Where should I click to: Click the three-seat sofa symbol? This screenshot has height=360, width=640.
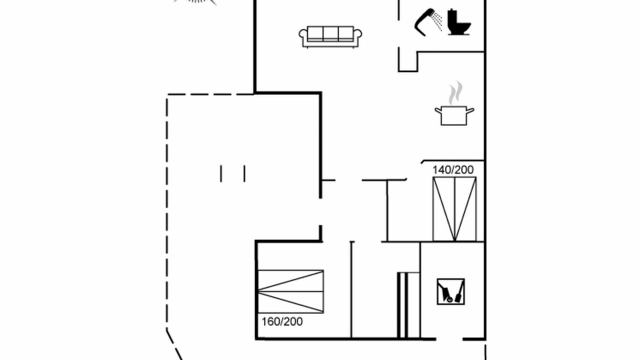pos(330,37)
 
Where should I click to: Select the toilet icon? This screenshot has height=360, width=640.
pos(459,22)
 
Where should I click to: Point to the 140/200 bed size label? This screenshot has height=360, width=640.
pos(453,169)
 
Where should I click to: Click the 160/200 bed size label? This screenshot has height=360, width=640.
pos(282,321)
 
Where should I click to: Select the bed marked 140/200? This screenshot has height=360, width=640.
pos(454,209)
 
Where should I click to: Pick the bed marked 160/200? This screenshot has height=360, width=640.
pos(290,291)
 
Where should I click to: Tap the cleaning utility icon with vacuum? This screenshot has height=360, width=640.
pos(450,291)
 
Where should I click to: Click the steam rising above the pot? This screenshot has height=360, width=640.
pos(455,93)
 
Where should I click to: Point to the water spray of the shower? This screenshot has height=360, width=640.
pos(437,20)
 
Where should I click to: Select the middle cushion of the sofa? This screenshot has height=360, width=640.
pos(330,33)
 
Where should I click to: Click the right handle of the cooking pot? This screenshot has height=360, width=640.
pos(470,110)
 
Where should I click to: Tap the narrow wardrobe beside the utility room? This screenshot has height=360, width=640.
pos(408,305)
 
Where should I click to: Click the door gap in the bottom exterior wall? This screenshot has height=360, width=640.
pos(449,339)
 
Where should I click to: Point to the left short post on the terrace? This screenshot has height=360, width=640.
pos(221,173)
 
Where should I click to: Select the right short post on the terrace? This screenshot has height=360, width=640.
pos(244,173)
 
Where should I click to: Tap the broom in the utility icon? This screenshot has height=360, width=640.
pos(459,292)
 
